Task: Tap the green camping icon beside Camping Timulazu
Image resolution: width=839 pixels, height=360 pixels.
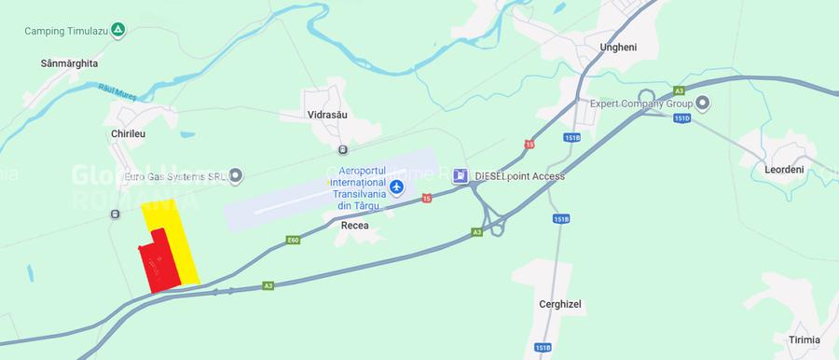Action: click(118, 30)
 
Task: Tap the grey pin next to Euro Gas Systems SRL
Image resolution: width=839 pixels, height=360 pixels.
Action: click(236, 174)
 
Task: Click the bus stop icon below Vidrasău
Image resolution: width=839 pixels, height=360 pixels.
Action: click(343, 149)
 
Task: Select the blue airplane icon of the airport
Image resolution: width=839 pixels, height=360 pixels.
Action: click(397, 187)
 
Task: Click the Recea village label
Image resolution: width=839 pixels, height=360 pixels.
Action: click(354, 225)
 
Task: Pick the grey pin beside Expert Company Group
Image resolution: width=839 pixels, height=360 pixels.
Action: click(703, 102)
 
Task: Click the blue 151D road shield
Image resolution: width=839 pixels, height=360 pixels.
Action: click(681, 118)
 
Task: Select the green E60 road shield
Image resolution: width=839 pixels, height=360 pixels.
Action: click(293, 241)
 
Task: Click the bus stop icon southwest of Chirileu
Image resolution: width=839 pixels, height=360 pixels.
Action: click(115, 214)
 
